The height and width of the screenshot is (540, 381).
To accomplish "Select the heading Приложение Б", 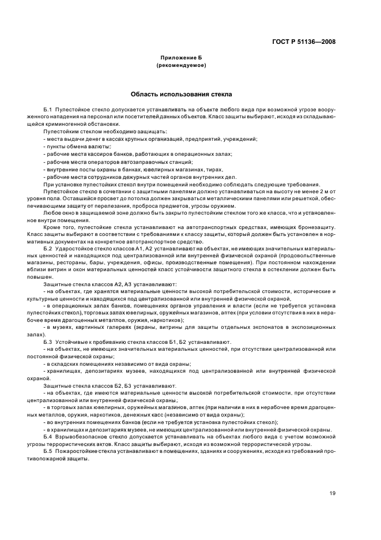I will click(181, 58).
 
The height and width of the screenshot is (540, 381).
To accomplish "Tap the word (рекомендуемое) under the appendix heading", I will click(181, 65).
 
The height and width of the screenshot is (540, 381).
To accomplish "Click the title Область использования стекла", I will click(181, 93).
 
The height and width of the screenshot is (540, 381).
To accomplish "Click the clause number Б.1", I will click(48, 109).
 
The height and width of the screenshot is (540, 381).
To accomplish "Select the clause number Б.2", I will click(48, 247).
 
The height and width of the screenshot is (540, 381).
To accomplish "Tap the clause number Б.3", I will click(48, 342).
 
